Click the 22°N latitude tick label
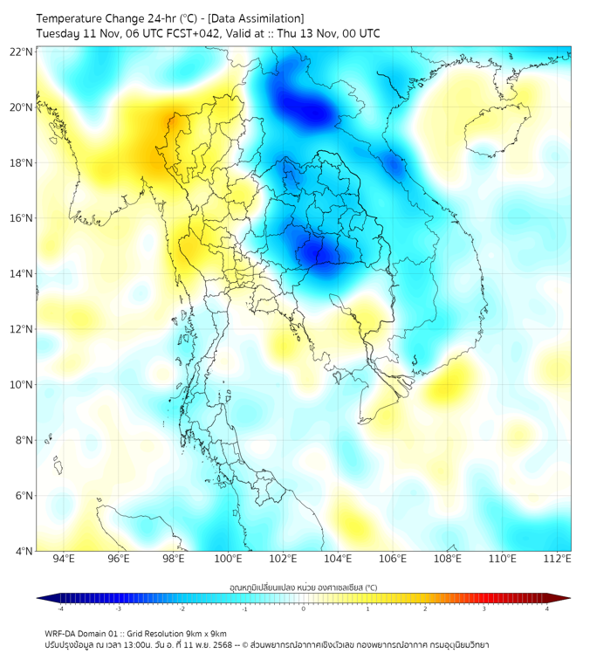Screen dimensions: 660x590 coord(22,52)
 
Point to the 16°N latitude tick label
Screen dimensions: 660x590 coord(22,218)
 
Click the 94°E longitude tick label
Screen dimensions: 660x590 coord(64,560)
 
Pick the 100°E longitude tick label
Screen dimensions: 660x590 coord(228,560)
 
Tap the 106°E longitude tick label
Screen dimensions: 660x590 coord(393,560)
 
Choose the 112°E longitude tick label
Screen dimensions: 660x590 coord(557,560)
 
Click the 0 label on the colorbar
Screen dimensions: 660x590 coord(304,608)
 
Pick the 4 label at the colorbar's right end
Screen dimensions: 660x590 coord(547,608)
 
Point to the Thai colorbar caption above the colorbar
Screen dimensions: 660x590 coord(303,587)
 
